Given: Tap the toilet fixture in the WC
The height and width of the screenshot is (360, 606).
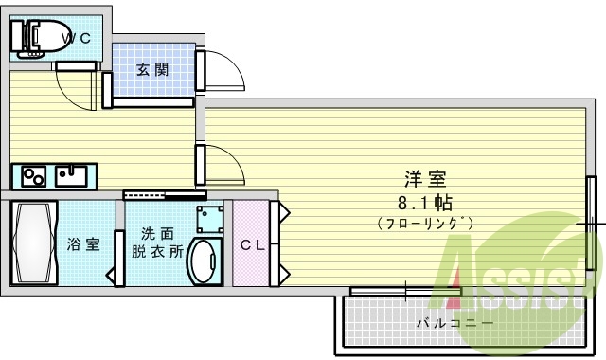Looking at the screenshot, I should (30, 36).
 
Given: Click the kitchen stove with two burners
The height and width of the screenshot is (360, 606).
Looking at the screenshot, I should (34, 176).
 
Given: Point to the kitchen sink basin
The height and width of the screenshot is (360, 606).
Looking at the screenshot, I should (71, 175).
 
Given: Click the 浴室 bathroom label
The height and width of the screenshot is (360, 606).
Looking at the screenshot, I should (83, 244).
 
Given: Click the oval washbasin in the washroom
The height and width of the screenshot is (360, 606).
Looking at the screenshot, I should (203, 261).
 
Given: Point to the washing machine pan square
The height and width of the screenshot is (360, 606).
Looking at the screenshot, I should (210, 220).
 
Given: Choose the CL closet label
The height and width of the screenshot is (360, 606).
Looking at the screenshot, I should (251, 244).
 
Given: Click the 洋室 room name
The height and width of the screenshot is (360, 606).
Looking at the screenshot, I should (425, 178).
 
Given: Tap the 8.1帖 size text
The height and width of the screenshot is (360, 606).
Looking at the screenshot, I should (424, 202).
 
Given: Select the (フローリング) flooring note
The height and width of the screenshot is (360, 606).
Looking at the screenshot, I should (425, 224).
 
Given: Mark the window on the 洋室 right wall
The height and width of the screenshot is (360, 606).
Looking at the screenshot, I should (591, 224).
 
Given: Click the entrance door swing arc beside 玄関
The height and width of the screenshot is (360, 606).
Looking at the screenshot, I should (225, 71).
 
